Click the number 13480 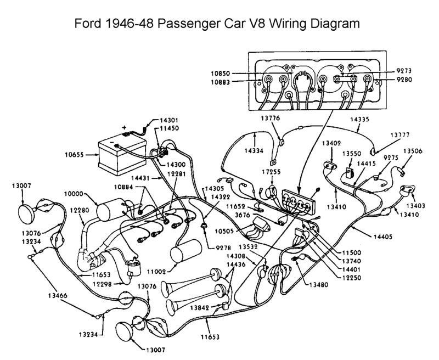319,285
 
